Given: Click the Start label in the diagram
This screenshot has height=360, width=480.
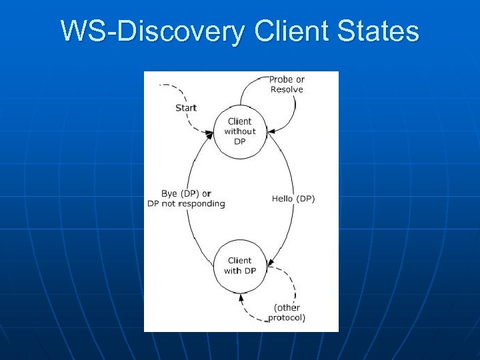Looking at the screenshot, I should tap(186, 108).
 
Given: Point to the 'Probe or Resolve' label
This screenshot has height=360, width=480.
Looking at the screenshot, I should tap(286, 84).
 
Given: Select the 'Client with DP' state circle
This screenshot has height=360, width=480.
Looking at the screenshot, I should tap(239, 265).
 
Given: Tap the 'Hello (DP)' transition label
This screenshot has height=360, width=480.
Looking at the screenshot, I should tap(293, 199).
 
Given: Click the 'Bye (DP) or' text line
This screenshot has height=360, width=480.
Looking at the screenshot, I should tap(187, 194).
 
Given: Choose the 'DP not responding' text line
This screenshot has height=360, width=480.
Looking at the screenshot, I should tap(187, 203).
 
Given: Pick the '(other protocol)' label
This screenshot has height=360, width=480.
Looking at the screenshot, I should tap(287, 313).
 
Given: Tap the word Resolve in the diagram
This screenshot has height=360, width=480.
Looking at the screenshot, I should tap(287, 89).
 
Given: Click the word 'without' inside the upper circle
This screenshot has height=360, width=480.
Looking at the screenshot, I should tap(239, 131).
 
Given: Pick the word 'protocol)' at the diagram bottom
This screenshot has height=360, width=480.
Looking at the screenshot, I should tap(287, 318).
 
